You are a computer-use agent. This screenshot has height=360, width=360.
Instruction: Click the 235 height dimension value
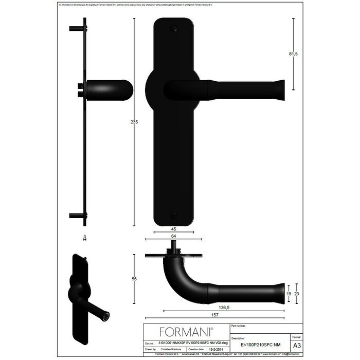(x=134, y=122)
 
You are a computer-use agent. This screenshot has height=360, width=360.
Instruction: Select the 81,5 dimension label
(x=295, y=53)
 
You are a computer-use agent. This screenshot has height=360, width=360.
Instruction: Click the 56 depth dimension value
(x=134, y=279)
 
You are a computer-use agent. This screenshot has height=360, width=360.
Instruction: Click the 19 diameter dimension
(x=289, y=294)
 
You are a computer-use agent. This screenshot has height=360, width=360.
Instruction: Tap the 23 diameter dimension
(x=297, y=294)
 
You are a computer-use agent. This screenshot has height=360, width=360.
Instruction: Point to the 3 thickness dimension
(x=84, y=237)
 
